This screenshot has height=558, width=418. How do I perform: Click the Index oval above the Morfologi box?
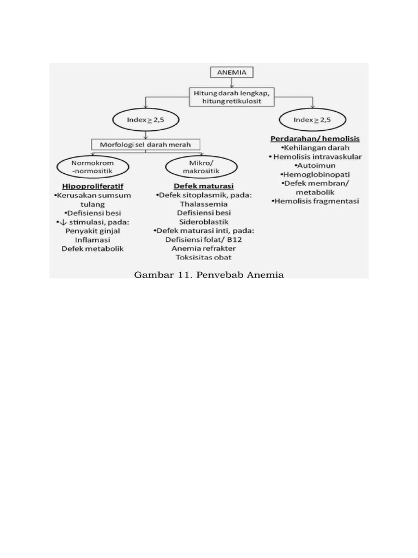(145, 119)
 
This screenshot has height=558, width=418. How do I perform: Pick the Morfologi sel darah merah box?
(145, 145)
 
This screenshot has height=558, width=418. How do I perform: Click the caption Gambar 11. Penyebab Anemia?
(209, 275)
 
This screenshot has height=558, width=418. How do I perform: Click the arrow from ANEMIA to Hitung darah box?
(232, 83)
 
